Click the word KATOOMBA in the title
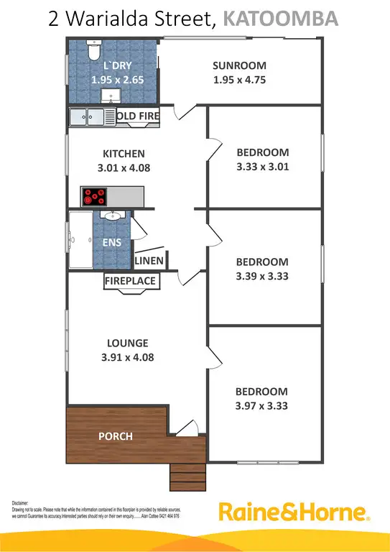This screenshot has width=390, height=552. (x=281, y=18)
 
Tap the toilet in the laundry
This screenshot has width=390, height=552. (x=93, y=52)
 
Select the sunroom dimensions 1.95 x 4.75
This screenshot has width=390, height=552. (x=239, y=80)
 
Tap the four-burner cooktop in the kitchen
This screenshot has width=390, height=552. (x=94, y=195)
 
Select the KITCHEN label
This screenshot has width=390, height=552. (x=124, y=154)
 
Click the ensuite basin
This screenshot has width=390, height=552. (x=113, y=216)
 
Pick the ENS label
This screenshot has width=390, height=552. (x=112, y=243)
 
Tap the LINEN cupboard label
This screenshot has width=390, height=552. (x=149, y=261)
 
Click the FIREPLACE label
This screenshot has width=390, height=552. (x=131, y=281)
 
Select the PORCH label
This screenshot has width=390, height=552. (x=115, y=436)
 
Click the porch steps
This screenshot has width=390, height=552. (x=189, y=475)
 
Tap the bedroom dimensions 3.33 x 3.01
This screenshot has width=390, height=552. (x=263, y=167)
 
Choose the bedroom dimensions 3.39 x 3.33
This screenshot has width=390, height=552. (x=263, y=276)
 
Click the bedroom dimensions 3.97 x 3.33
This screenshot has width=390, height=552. (x=263, y=405)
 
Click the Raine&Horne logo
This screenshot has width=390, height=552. (x=294, y=513)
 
